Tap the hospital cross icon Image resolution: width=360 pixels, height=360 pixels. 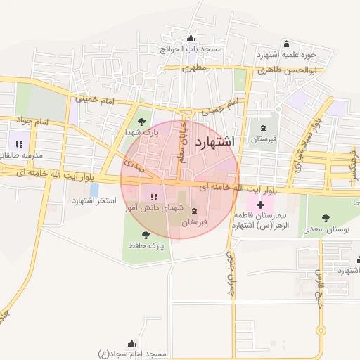point(260,204)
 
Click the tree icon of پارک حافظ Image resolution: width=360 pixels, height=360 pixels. point(146,235)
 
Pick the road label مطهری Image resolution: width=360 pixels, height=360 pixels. point(193,68)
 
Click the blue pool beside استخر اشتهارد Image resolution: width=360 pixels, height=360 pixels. point(94,189)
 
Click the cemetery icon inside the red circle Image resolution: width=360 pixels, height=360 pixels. point(195,211)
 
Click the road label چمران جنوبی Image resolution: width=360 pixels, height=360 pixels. point(229,269)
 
